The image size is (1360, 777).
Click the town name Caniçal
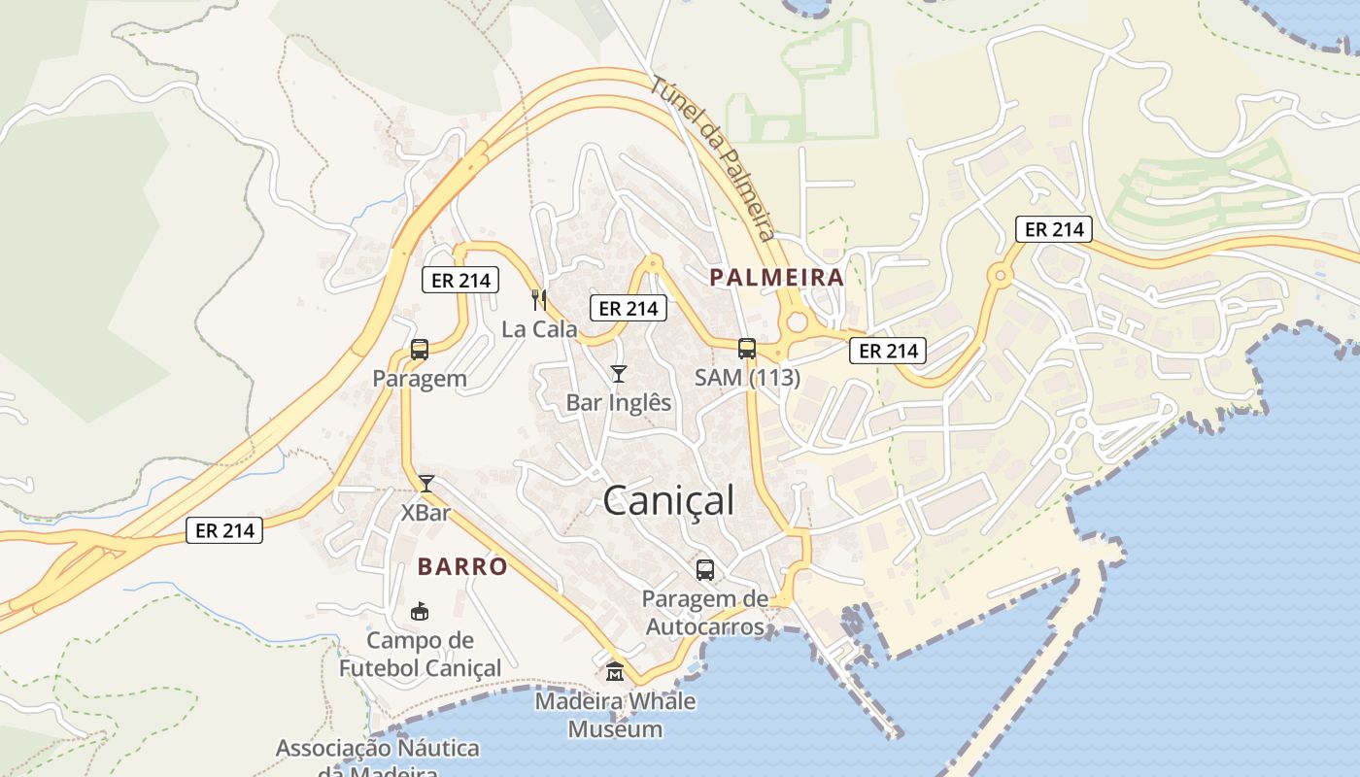(668, 501)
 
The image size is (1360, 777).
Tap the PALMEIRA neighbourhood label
(776, 277)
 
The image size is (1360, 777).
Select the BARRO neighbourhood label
(462, 566)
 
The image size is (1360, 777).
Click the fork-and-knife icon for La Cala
(539, 300)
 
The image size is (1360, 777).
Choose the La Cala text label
(539, 329)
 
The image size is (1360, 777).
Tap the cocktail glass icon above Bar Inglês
(618, 374)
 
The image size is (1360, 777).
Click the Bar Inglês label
(619, 402)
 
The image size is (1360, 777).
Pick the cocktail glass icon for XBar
(425, 483)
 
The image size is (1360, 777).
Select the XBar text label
(425, 512)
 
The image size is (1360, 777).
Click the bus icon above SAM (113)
(747, 349)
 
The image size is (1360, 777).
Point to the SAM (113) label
(747, 378)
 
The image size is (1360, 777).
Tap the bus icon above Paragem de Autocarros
(705, 570)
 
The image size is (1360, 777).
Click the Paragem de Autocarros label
(705, 613)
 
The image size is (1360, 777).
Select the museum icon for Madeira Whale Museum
(615, 671)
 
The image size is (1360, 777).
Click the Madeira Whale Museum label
(615, 715)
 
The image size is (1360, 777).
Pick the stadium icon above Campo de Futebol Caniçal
(420, 611)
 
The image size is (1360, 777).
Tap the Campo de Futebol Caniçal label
(420, 655)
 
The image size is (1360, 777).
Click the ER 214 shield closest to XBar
(224, 530)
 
